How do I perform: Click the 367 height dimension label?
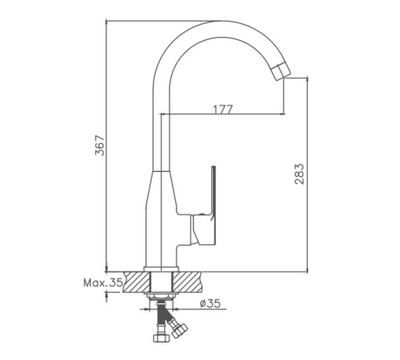[x=101, y=146]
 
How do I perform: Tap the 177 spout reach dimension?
[x=223, y=109]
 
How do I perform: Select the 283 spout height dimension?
[x=299, y=174]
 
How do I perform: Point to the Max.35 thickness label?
[x=103, y=282]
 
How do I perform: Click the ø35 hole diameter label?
[x=210, y=303]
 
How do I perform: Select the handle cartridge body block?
[x=202, y=230]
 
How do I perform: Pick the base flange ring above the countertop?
[x=161, y=269]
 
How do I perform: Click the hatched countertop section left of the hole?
[x=136, y=282]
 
